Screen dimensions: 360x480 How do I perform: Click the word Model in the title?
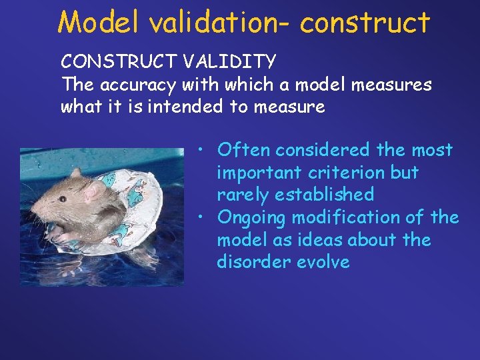(x=99, y=22)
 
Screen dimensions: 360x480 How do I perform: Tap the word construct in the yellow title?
(x=365, y=22)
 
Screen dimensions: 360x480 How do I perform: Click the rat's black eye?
(x=63, y=197)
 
